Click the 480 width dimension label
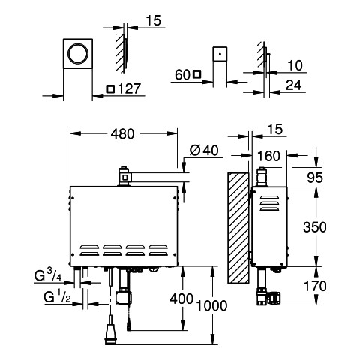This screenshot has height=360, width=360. click(122, 134)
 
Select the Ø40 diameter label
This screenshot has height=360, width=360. click(204, 151)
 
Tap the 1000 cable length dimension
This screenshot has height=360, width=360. click(211, 305)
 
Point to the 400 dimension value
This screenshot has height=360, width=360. click(181, 298)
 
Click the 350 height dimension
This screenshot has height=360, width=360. click(315, 227)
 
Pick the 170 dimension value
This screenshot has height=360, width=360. click(315, 286)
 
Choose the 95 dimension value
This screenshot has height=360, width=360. click(315, 178)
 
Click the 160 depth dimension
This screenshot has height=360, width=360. click(268, 156)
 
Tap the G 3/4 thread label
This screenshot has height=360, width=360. click(48, 275)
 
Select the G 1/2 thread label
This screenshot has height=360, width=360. click(57, 297)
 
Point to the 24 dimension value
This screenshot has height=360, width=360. click(294, 85)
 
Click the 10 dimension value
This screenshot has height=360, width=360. click(295, 65)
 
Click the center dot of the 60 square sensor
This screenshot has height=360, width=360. click(220, 54)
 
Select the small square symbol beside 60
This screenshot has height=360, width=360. click(197, 74)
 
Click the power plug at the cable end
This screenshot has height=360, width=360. click(111, 334)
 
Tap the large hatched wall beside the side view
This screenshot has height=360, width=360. click(238, 228)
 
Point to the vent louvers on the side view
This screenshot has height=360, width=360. click(269, 203)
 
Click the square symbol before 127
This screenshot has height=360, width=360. click(110, 89)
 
